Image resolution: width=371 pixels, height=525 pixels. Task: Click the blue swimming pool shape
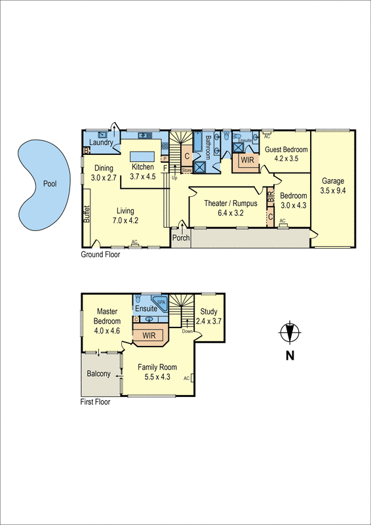43,184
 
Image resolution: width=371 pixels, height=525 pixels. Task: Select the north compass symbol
289,333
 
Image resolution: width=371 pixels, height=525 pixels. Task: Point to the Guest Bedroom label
286,150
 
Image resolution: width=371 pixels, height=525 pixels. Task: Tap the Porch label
181,238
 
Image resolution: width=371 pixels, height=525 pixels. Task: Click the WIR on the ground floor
248,159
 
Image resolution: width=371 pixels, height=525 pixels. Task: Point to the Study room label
210,312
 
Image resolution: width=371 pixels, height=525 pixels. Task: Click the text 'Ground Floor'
100,254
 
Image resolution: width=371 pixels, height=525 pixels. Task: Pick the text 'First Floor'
96,402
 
